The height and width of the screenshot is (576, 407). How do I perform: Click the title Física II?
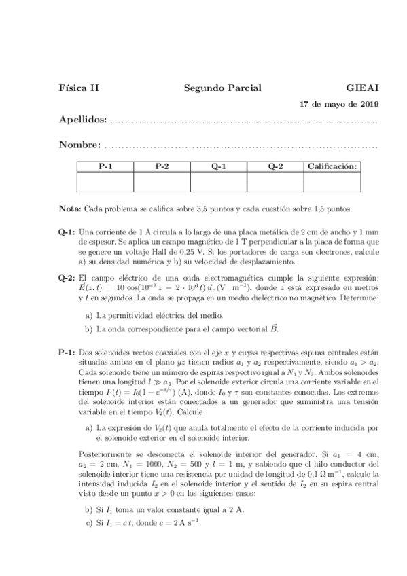[79, 88]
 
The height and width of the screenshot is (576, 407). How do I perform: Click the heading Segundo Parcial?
[222, 88]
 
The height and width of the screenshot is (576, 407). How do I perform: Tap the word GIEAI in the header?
[362, 88]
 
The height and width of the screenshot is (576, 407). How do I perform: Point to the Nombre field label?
[80, 145]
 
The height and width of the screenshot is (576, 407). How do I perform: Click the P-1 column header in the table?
[105, 166]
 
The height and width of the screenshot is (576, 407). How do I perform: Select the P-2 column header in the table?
[162, 166]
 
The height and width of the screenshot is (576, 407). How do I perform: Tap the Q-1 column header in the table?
[218, 166]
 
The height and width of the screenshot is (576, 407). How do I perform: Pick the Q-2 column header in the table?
[275, 166]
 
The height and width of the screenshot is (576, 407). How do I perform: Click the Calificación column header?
[332, 166]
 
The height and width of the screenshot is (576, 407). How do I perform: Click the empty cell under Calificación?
[332, 181]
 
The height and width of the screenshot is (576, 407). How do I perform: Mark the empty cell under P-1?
[105, 181]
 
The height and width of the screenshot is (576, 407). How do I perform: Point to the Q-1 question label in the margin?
[67, 232]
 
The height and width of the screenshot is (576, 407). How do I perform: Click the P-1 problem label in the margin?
[67, 353]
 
